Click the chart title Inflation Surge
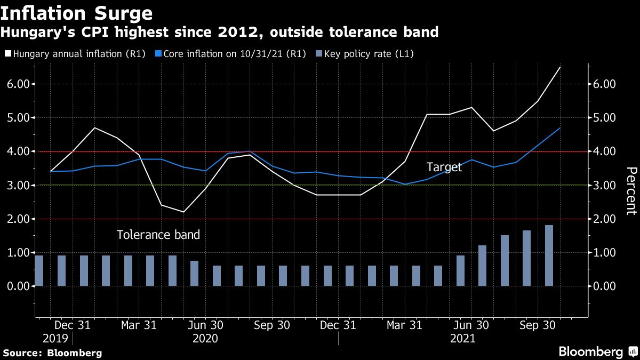click(x=77, y=13)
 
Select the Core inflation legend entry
click(x=229, y=53)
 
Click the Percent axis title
click(x=630, y=190)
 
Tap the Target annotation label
click(x=444, y=167)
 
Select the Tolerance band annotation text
click(x=158, y=235)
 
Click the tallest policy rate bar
click(x=549, y=255)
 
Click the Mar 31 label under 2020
click(x=139, y=325)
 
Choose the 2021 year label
click(x=462, y=338)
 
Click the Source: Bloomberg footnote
click(x=52, y=353)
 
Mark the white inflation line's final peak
click(x=559, y=67)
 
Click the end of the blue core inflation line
click(x=559, y=128)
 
